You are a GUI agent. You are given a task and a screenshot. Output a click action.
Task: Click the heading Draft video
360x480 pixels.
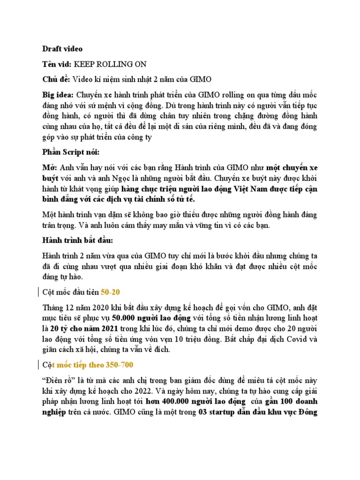pyautogui.click(x=62, y=48)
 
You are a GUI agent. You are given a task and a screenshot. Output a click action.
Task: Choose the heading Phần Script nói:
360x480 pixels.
pyautogui.click(x=71, y=153)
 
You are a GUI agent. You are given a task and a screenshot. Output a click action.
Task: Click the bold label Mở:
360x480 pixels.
pyautogui.click(x=49, y=168)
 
